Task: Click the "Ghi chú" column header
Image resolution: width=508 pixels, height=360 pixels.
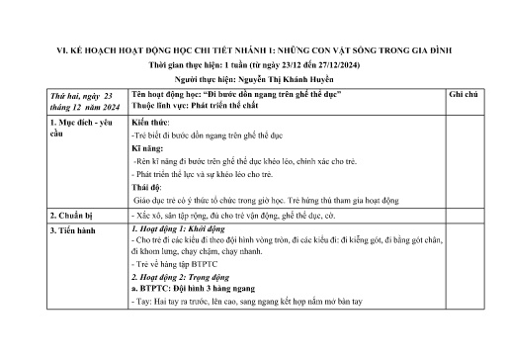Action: [464, 92]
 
